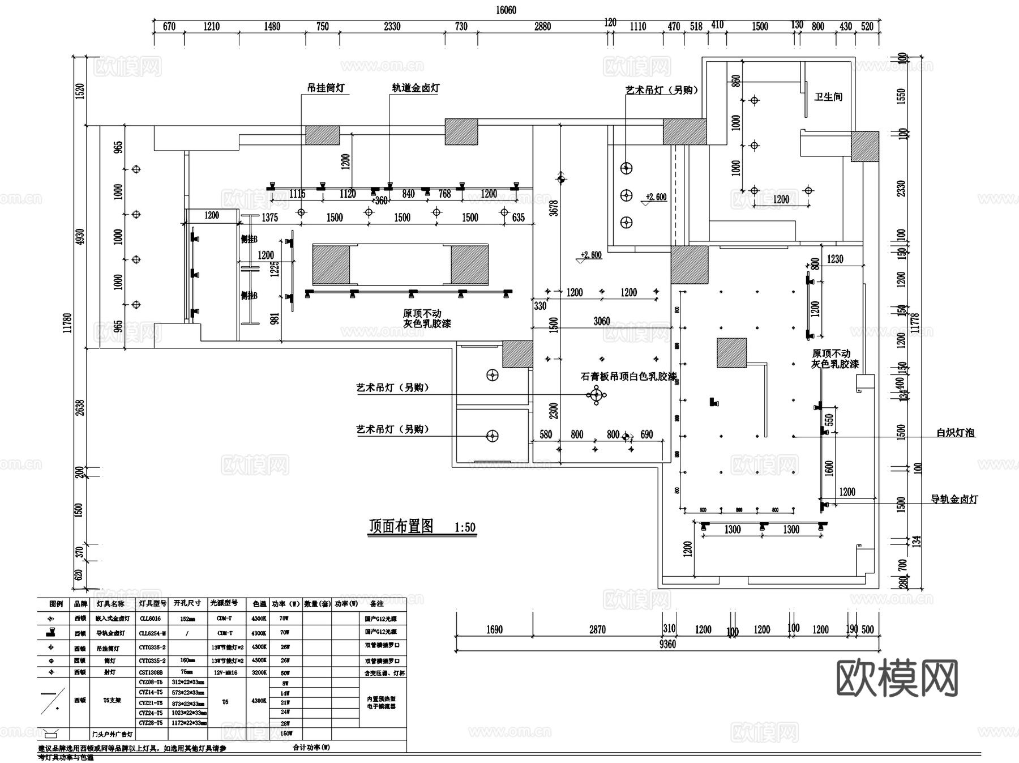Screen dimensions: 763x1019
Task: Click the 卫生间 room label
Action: tap(828, 97)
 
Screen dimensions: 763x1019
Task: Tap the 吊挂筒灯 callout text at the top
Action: tap(326, 88)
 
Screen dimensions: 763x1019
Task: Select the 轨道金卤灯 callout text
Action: tap(416, 88)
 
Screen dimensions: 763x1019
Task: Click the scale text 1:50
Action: tap(465, 528)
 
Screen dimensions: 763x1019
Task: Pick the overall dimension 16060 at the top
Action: tap(506, 10)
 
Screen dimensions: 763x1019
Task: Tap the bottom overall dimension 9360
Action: tap(667, 644)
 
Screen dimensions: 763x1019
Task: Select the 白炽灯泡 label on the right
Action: tap(956, 433)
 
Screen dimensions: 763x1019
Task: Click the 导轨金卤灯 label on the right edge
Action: tap(954, 499)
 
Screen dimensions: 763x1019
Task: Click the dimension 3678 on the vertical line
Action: tap(554, 208)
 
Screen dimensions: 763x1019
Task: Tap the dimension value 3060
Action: tap(601, 321)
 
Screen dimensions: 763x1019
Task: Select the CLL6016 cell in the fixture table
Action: tap(150, 619)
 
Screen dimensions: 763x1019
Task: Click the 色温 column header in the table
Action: tap(259, 604)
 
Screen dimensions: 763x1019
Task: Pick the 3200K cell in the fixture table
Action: tap(259, 673)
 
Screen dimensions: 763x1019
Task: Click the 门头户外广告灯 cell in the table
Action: tap(113, 734)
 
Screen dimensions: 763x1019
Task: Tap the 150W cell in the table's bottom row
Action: tap(286, 733)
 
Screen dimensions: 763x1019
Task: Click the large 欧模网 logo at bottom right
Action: tap(897, 678)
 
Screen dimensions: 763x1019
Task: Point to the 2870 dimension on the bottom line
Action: tap(597, 629)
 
